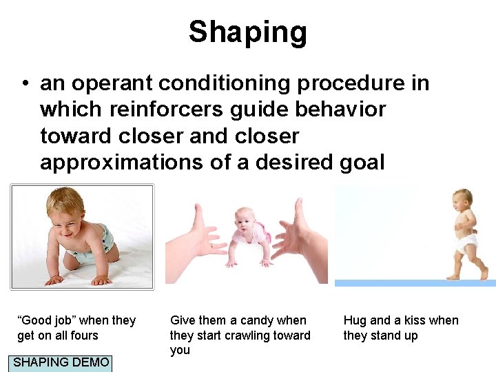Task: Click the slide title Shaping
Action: [247, 32]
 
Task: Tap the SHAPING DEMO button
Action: [61, 362]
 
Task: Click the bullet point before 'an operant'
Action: [24, 84]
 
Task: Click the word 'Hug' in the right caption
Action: [355, 320]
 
